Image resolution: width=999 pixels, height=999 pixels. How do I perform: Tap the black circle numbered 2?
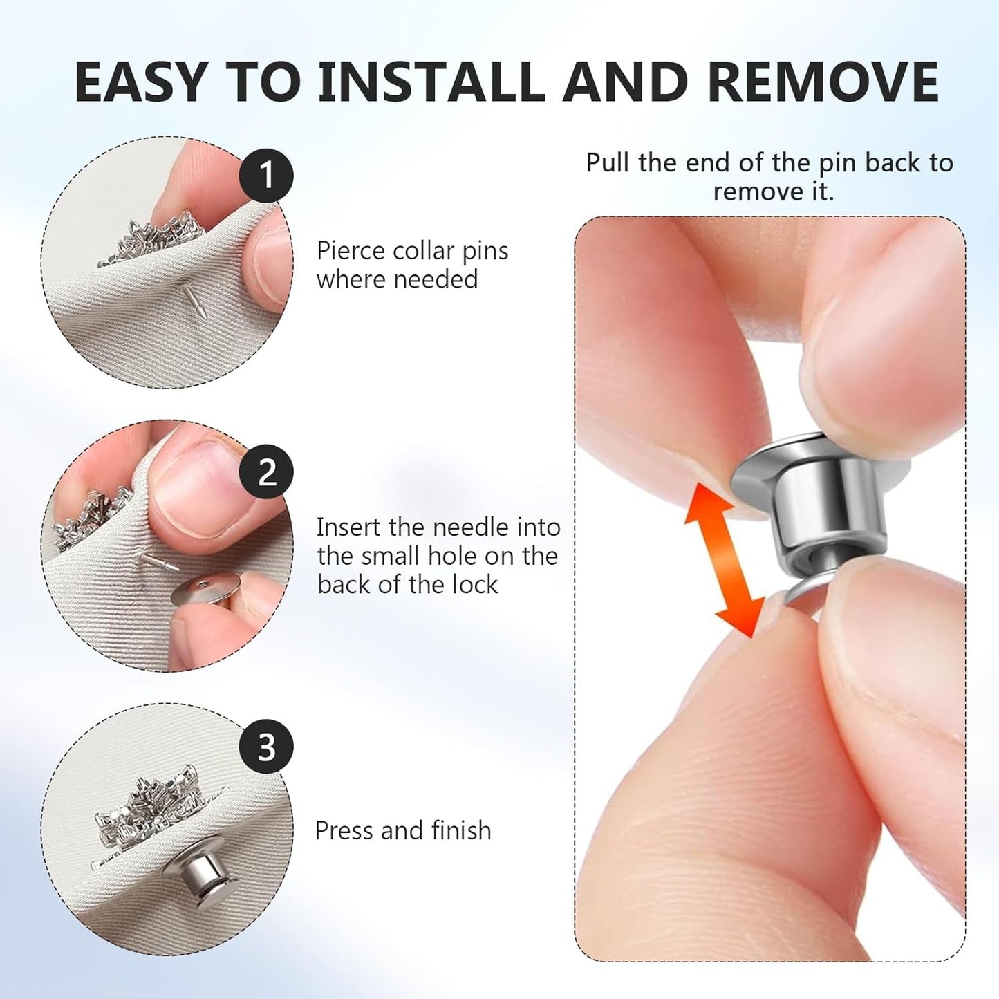266,472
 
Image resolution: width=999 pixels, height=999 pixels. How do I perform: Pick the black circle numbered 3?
266,747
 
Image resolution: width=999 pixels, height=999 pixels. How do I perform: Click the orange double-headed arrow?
725,561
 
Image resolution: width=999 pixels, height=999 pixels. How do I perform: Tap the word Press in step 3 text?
343,830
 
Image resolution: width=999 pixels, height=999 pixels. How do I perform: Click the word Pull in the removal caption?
608,162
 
